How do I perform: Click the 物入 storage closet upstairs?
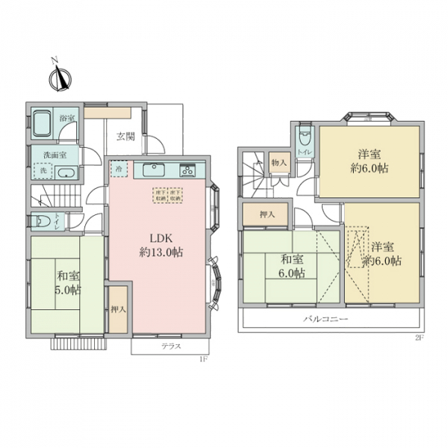[x=279, y=162]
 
